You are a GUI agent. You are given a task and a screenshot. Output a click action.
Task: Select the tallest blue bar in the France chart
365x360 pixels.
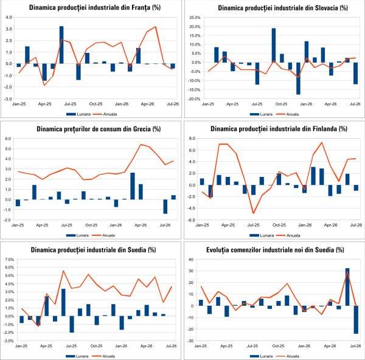(x=61, y=44)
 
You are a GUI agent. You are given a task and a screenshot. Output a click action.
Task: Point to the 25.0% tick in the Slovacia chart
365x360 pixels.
(x=195, y=18)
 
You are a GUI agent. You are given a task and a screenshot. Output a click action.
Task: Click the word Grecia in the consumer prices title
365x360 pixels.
(x=142, y=129)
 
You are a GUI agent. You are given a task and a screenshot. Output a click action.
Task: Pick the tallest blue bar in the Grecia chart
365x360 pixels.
(x=133, y=186)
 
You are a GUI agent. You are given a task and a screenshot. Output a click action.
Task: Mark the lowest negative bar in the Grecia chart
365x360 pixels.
(x=165, y=206)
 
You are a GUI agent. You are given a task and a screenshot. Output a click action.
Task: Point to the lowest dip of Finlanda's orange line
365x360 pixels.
(x=254, y=213)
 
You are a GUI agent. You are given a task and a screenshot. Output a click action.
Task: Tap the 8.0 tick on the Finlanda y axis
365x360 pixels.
(x=192, y=139)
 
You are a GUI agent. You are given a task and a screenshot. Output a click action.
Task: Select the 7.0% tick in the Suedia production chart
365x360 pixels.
(x=9, y=259)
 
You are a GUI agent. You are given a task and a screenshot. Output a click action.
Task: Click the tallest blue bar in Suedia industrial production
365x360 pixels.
(x=63, y=302)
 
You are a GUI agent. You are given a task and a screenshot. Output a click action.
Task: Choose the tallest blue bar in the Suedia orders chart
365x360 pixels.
(x=347, y=287)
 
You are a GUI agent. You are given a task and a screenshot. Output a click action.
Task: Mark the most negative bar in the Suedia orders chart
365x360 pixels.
(x=356, y=320)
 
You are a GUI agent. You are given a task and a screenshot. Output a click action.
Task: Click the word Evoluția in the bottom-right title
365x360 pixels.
(x=216, y=250)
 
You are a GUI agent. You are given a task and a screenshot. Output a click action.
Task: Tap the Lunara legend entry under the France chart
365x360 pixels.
(x=78, y=114)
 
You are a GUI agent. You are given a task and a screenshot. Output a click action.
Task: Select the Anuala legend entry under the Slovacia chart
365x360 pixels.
(x=287, y=114)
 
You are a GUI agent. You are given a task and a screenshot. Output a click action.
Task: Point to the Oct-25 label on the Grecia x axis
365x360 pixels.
(x=91, y=225)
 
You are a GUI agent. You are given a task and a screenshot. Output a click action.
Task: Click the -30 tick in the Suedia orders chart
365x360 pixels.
(x=190, y=341)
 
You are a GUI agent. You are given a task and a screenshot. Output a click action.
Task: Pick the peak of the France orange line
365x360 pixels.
(x=156, y=27)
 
